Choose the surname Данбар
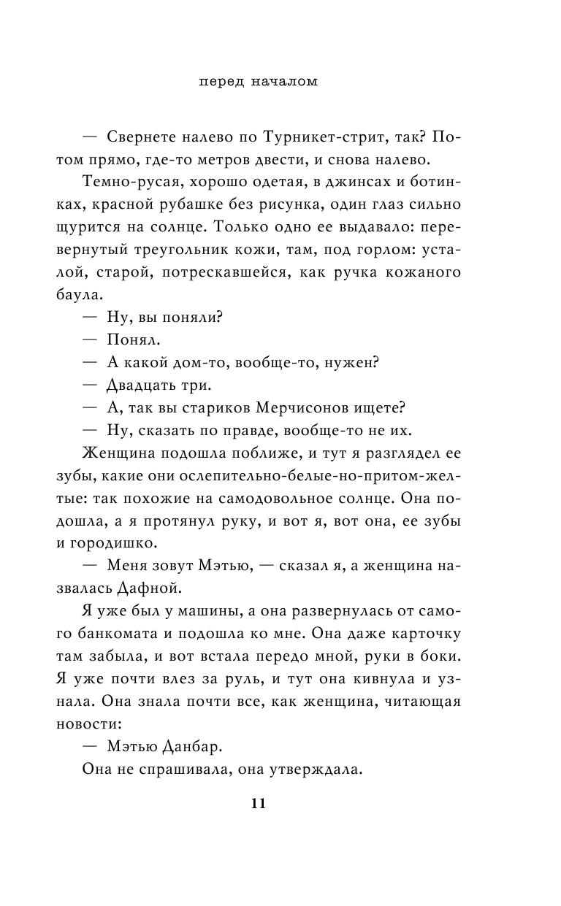tap(185, 747)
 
